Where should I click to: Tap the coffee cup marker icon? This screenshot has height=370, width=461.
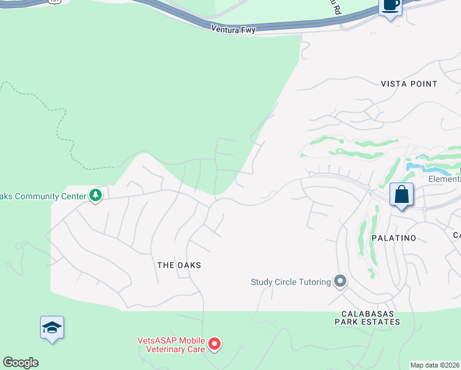[x=390, y=6]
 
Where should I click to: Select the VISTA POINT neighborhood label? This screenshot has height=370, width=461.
[x=409, y=84]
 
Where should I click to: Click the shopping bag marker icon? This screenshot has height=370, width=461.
[x=401, y=195]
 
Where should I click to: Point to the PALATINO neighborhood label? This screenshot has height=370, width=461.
[x=394, y=237]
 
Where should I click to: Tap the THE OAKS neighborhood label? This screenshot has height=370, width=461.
[x=179, y=265]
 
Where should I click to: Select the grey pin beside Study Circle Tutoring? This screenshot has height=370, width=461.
[x=340, y=282]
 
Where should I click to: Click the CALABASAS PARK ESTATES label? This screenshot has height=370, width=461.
[x=367, y=317]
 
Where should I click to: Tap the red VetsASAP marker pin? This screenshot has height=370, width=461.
[x=214, y=343]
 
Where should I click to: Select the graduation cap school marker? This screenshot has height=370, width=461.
[x=52, y=328]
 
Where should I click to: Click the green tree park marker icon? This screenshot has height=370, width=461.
[x=95, y=195]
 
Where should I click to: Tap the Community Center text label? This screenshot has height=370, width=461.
[x=43, y=196]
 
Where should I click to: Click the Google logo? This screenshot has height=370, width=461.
[x=20, y=363]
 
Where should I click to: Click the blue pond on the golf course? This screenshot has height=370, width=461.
[x=425, y=166]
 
